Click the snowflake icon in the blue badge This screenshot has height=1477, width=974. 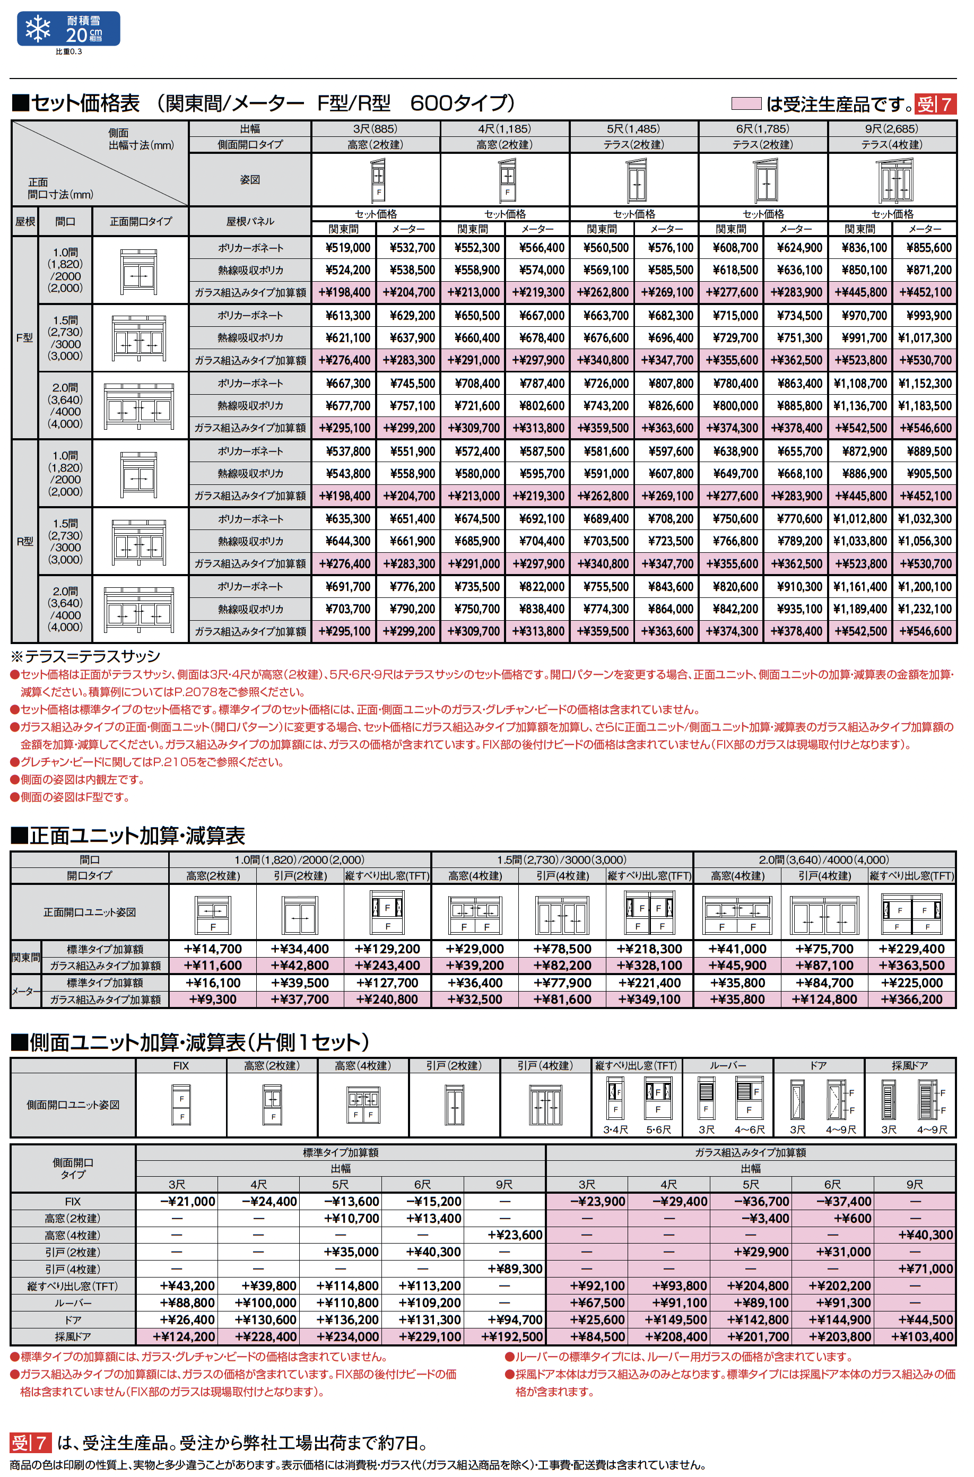coord(38,29)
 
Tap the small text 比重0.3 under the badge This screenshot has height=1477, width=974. coord(68,51)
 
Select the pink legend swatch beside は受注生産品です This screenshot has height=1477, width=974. coord(746,104)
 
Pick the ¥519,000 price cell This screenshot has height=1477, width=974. coord(347,248)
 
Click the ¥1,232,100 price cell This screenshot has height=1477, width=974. coord(924,609)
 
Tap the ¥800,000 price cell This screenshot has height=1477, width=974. coord(735,405)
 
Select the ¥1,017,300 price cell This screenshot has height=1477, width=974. coord(924,338)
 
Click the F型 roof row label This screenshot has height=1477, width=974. coord(25,338)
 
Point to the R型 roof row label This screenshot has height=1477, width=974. coord(25,541)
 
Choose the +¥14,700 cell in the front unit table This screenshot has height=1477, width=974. coord(212,949)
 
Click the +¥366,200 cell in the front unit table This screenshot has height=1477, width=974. coord(911,1000)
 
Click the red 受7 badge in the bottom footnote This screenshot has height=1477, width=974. coord(30,1442)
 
